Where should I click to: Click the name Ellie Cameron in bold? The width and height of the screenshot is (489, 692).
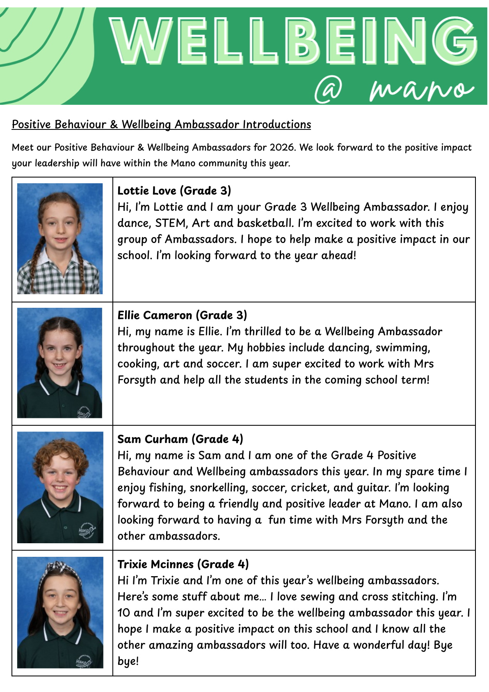point(155,315)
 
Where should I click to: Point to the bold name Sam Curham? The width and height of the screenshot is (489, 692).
point(153,439)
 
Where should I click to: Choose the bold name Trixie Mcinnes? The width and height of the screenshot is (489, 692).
point(155,564)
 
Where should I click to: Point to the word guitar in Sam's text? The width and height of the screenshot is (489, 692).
point(373,488)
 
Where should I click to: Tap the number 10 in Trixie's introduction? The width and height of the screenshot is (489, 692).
point(123,613)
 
